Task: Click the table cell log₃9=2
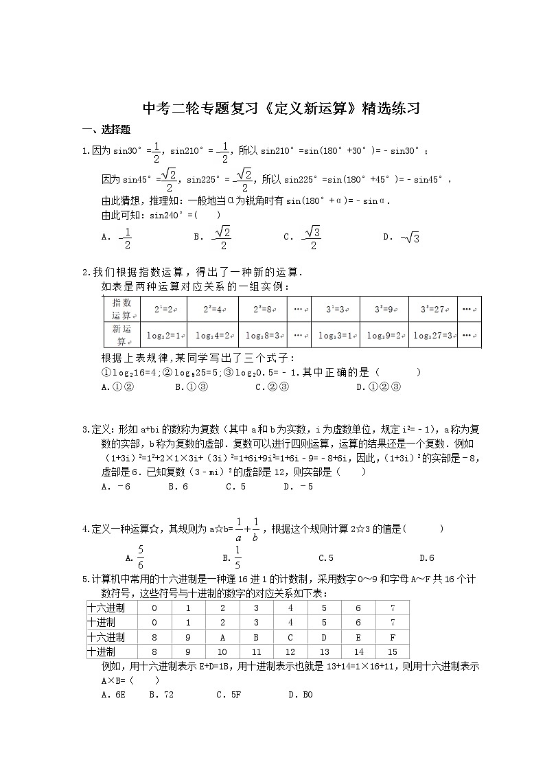(384, 336)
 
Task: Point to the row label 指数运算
(121, 308)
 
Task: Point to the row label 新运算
(121, 335)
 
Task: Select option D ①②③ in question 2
(378, 387)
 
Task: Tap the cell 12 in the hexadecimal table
(290, 652)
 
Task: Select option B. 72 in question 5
(162, 694)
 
